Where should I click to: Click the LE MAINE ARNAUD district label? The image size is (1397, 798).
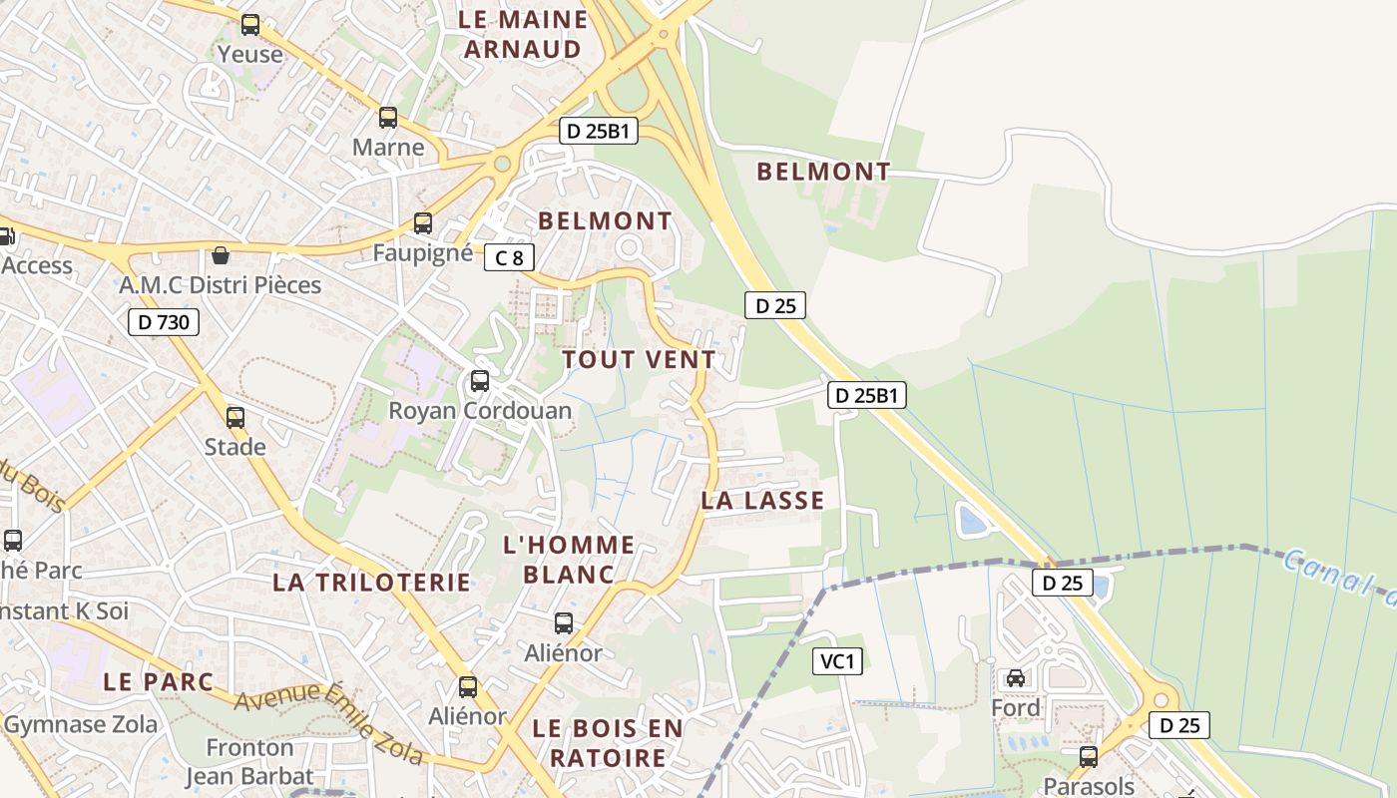point(523,34)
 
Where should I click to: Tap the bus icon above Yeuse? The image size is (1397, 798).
point(250,25)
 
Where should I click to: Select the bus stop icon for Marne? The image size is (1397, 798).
point(388,118)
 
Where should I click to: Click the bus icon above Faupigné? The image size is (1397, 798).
point(423,223)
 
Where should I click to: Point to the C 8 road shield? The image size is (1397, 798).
point(509,258)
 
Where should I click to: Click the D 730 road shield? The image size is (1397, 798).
point(164,322)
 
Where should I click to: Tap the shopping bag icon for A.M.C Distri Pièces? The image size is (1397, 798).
point(221,256)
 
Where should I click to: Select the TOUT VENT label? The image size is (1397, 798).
point(639,360)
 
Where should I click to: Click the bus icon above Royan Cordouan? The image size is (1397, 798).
point(480,381)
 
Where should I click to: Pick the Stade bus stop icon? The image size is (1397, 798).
point(235,418)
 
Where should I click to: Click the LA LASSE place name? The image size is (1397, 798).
point(762,501)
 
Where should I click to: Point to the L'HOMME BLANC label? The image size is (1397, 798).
point(569,560)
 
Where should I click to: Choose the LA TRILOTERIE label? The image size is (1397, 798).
point(371,583)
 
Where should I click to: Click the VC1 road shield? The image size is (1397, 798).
point(837,661)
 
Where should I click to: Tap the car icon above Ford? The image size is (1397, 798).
point(1016,678)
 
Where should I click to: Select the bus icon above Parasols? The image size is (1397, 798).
point(1089,757)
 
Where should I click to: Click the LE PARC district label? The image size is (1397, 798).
point(159,682)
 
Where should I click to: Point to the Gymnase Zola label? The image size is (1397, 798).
point(81,725)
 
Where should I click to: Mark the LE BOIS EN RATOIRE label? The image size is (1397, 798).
point(608,743)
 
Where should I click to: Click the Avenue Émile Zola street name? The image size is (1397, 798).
point(329,721)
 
